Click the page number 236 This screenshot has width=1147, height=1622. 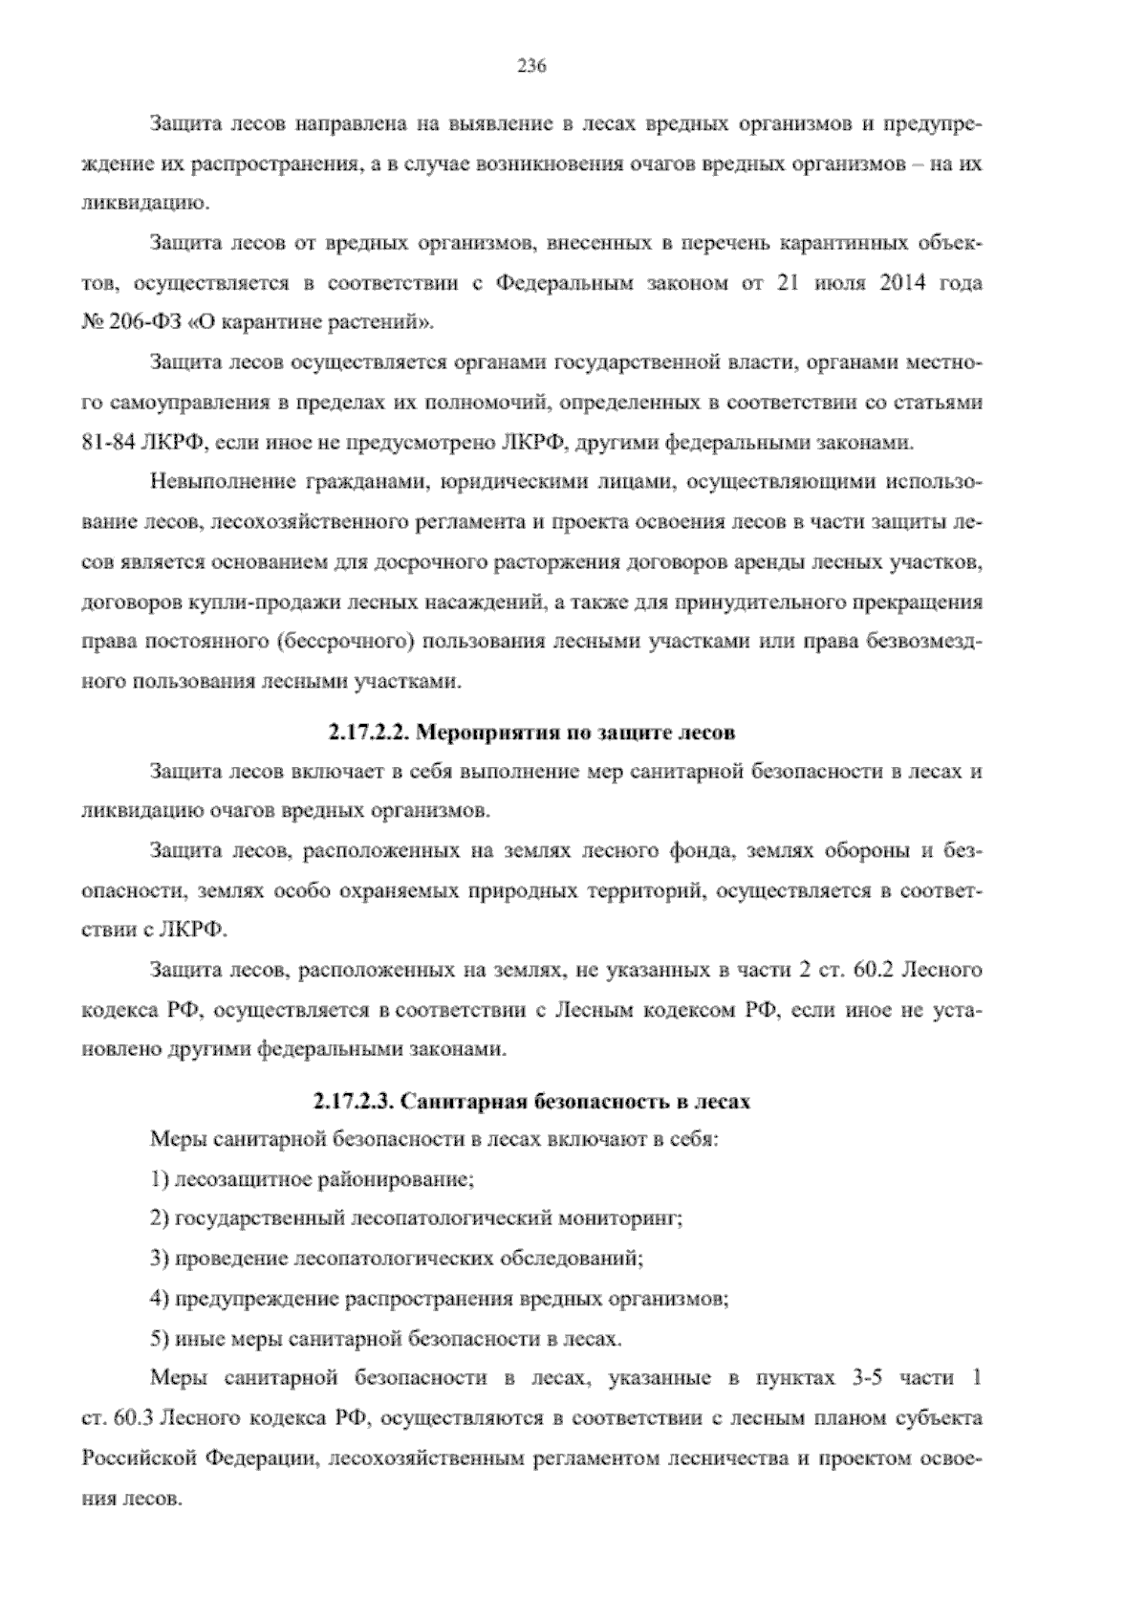tap(530, 66)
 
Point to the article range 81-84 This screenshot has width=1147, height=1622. tap(105, 442)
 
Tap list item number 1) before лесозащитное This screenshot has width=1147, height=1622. tap(160, 1178)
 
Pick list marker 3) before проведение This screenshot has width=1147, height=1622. tap(160, 1259)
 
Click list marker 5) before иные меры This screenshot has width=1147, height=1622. tap(160, 1339)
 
